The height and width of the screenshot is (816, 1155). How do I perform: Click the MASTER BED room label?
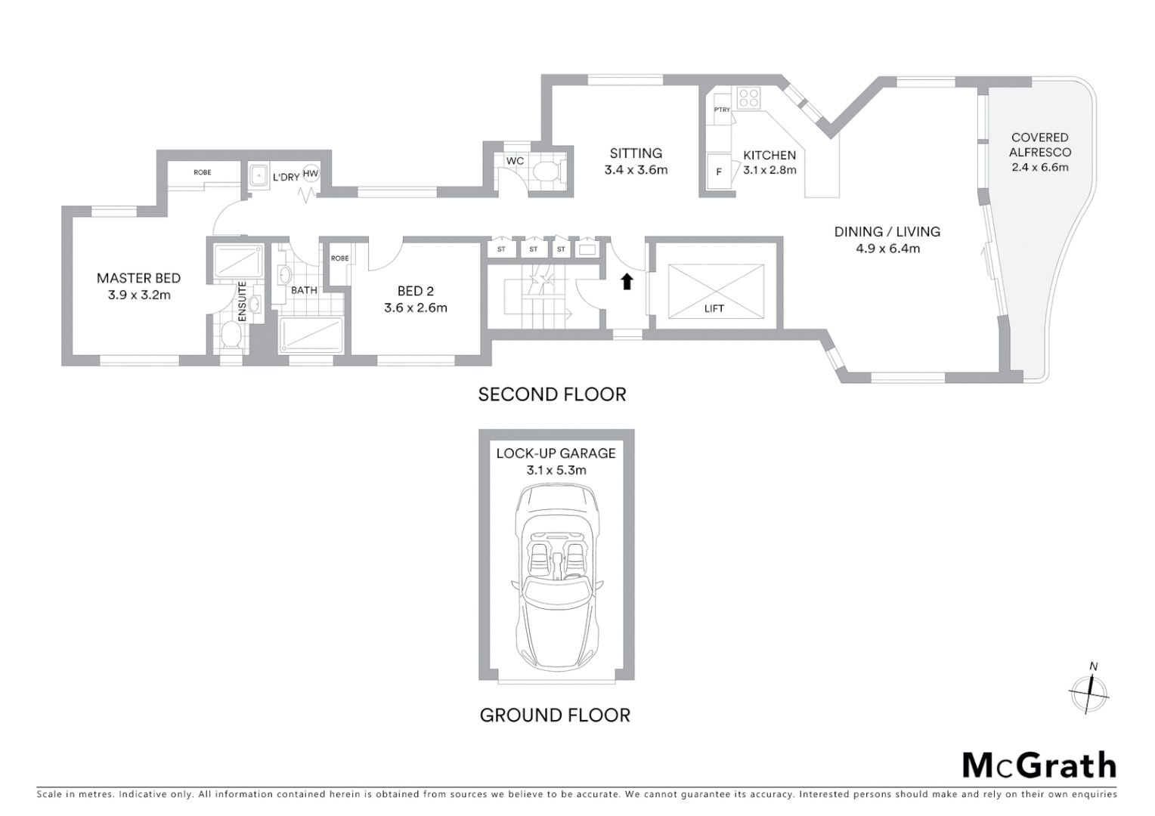point(138,278)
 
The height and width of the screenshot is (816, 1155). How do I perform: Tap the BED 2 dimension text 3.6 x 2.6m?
point(415,308)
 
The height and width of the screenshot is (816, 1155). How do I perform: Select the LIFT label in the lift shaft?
point(714,308)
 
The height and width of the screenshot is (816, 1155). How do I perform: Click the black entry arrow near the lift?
point(626,282)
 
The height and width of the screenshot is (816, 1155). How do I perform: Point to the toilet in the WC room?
point(547,172)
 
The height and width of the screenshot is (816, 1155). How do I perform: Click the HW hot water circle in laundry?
point(311,174)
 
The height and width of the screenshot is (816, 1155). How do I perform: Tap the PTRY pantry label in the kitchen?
point(722,110)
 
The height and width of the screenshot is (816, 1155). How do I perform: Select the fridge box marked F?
point(718,172)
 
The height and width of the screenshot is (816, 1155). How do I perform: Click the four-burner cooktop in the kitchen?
point(748,97)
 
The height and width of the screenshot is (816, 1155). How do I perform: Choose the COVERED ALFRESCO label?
point(1039,144)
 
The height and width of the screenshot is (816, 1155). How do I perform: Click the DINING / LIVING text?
point(887,232)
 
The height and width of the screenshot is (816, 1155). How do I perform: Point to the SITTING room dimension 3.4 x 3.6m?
point(636,170)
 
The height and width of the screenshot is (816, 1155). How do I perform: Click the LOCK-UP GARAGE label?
point(556,453)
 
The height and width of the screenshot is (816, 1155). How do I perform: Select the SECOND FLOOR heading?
point(552,394)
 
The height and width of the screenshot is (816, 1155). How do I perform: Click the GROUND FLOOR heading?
point(555,715)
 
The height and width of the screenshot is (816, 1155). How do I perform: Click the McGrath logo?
point(1039,765)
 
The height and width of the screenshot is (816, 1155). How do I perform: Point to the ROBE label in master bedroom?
point(202,173)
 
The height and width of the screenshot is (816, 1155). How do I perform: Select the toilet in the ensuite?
point(231,336)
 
